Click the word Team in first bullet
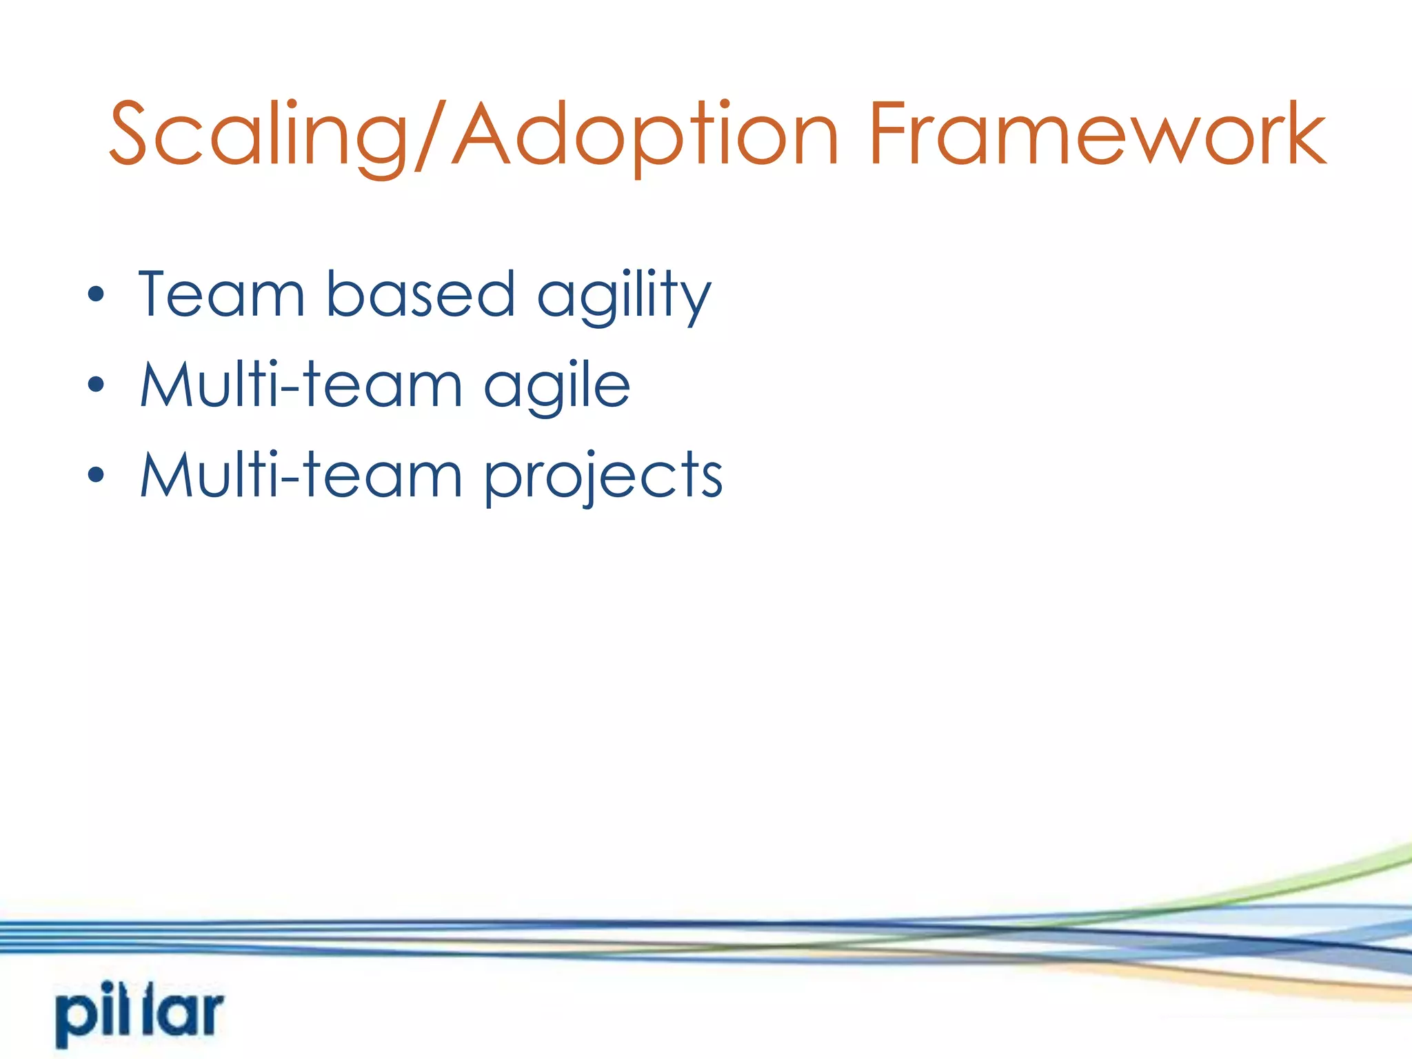(x=221, y=294)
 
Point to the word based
(x=420, y=294)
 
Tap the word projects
(x=603, y=478)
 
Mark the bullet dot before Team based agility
(x=96, y=295)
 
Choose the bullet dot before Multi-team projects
(x=96, y=475)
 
